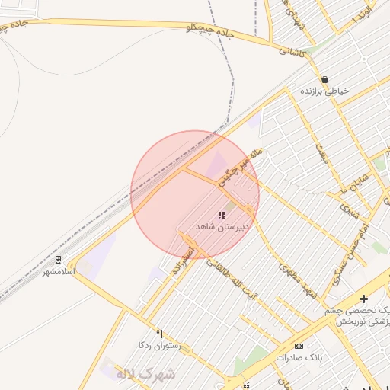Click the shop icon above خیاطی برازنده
325,79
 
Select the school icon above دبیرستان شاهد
222,216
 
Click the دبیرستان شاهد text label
222,227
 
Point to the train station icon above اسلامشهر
59,260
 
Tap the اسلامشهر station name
59,271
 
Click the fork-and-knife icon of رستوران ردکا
159,334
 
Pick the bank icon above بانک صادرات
298,346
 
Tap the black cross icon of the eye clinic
363,299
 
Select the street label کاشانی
292,51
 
